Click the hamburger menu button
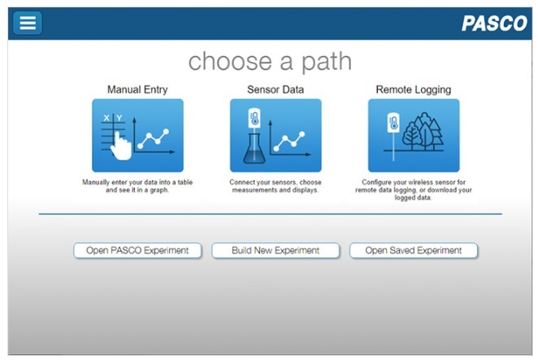click(28, 23)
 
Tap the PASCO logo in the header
click(494, 24)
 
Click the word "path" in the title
click(327, 62)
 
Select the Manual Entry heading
click(137, 89)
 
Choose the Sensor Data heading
click(276, 89)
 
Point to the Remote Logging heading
click(414, 89)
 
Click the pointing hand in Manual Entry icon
click(121, 146)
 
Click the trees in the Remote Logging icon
click(423, 132)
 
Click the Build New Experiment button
click(276, 250)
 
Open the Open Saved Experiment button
click(414, 250)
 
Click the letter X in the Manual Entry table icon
click(106, 118)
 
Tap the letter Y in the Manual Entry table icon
click(119, 118)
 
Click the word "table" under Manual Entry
click(185, 182)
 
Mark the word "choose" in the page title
click(230, 62)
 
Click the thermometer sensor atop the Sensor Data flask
click(254, 119)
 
